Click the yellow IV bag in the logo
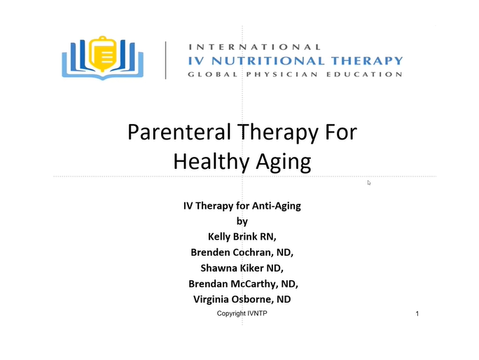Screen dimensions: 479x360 [103, 54]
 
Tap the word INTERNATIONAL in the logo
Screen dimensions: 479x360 [254, 47]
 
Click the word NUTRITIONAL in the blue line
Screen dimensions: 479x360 [268, 60]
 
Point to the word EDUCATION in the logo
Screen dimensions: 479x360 [364, 74]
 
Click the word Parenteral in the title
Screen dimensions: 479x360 [179, 132]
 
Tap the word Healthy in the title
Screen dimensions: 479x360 [211, 161]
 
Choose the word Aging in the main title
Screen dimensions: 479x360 [284, 162]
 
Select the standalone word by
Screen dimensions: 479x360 [242, 221]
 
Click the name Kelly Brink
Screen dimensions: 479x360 [232, 237]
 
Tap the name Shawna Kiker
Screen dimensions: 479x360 [232, 268]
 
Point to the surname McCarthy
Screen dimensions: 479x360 [254, 284]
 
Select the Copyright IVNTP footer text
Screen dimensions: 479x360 [242, 314]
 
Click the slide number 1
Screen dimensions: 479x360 [417, 314]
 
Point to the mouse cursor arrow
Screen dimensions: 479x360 [369, 183]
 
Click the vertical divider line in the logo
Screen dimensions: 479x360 [165, 60]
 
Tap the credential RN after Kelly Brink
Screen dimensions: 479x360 [268, 237]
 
